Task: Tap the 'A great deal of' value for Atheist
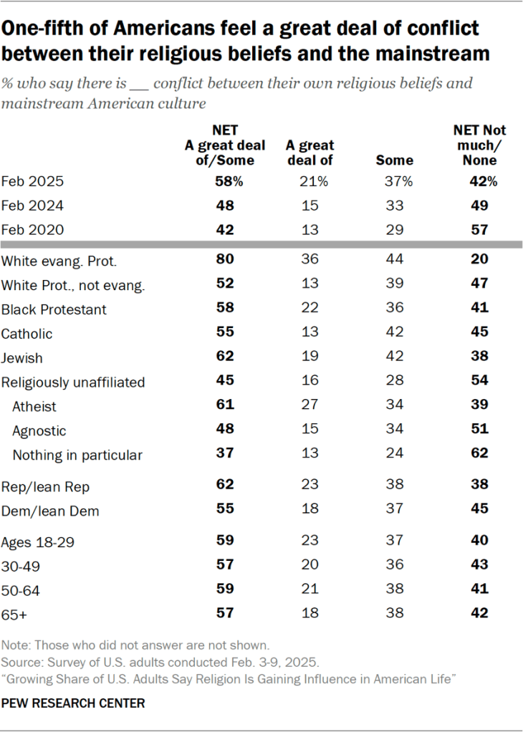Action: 310,406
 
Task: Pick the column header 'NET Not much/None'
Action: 479,145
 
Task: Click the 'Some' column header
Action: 394,160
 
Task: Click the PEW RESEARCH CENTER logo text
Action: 73,703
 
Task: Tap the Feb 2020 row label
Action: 33,229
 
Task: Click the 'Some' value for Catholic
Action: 394,334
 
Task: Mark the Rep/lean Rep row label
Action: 46,487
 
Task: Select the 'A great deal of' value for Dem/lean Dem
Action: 310,511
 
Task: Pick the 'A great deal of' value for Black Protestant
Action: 310,309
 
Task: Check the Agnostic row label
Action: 39,430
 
